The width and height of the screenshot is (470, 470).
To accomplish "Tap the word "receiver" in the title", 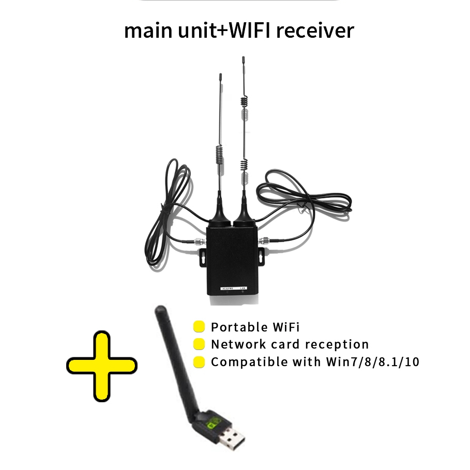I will pyautogui.click(x=315, y=31).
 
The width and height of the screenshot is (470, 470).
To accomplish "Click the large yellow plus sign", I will pyautogui.click(x=102, y=366).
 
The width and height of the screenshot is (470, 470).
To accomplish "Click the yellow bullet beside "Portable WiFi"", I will pyautogui.click(x=199, y=327).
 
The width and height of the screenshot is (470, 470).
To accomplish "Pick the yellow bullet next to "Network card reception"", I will pyautogui.click(x=199, y=344).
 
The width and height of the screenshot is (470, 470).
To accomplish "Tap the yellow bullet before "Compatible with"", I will pyautogui.click(x=199, y=362).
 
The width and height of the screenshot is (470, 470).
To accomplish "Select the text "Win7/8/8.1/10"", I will pyautogui.click(x=372, y=362).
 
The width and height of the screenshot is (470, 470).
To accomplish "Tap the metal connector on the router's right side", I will pyautogui.click(x=265, y=240).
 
